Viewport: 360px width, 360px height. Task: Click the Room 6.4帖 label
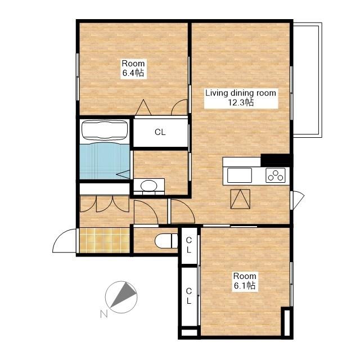coord(133,68)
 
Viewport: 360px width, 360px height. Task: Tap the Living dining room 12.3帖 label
coord(241,98)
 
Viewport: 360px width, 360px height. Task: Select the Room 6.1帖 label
coord(245,281)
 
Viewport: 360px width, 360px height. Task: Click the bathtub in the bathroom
coord(105,130)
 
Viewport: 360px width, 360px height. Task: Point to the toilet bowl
coord(166,241)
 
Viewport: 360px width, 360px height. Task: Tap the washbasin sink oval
coord(149,185)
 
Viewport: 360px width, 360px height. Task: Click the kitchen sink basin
coord(240,175)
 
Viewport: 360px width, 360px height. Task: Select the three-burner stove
coord(276,175)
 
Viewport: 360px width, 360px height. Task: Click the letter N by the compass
coord(104,314)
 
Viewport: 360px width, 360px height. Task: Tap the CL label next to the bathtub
coord(160,132)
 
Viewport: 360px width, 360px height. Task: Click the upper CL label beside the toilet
coord(189,245)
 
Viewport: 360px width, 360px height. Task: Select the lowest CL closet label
coord(189,296)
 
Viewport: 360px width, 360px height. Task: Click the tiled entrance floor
coord(105,240)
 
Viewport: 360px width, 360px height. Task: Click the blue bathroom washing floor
coord(105,161)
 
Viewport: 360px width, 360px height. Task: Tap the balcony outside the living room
coord(307,80)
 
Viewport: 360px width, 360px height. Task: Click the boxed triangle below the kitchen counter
coord(240,199)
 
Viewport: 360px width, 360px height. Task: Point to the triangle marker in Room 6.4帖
coord(143,107)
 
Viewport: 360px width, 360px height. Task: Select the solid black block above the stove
coord(277,160)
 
